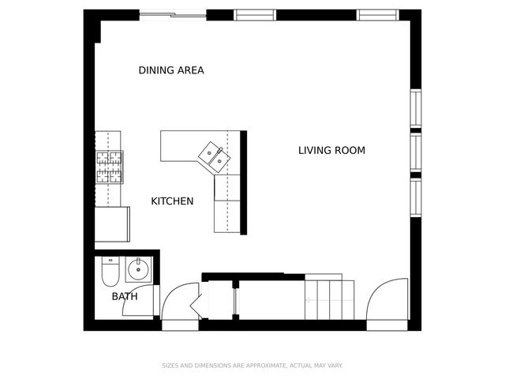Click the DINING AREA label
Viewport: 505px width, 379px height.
(x=171, y=70)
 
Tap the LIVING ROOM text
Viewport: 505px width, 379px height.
(x=331, y=150)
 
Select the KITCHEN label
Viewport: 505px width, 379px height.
(x=172, y=201)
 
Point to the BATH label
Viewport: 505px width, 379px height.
(x=124, y=297)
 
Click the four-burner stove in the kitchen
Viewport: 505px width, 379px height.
(x=110, y=167)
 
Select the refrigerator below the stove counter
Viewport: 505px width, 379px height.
(x=112, y=224)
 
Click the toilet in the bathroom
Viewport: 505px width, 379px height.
(x=110, y=272)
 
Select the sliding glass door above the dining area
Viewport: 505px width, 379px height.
(x=173, y=14)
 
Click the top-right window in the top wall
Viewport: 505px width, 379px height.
(x=377, y=14)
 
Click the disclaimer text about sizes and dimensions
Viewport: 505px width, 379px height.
(x=252, y=366)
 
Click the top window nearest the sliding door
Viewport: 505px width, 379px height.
(x=255, y=14)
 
